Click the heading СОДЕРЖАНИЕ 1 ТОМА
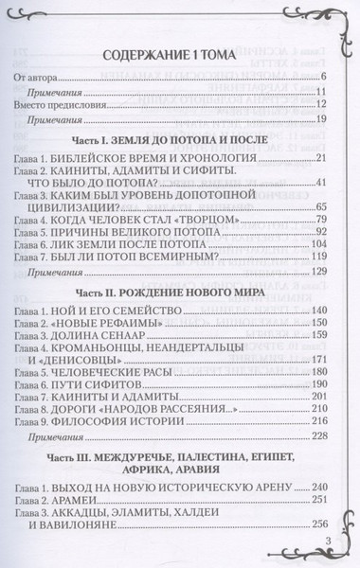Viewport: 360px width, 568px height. (179, 54)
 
